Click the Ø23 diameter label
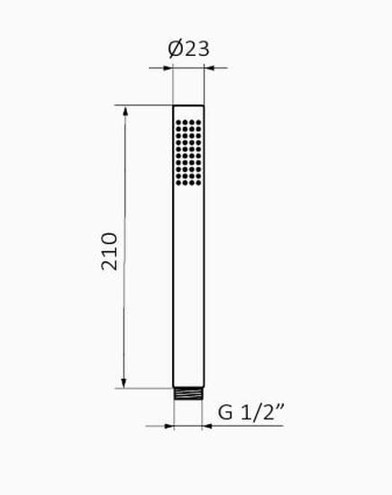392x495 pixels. [x=188, y=49]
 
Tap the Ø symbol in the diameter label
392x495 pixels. [x=176, y=49]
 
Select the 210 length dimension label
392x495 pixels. [x=109, y=251]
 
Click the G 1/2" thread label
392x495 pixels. [x=251, y=412]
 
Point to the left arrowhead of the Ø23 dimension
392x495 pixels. [x=168, y=67]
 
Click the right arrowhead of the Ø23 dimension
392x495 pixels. [x=209, y=67]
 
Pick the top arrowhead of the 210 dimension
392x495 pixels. [x=125, y=111]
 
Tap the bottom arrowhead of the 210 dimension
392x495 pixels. [x=123, y=382]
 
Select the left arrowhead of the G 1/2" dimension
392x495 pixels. [x=169, y=427]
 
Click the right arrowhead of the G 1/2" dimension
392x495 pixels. [x=206, y=427]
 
